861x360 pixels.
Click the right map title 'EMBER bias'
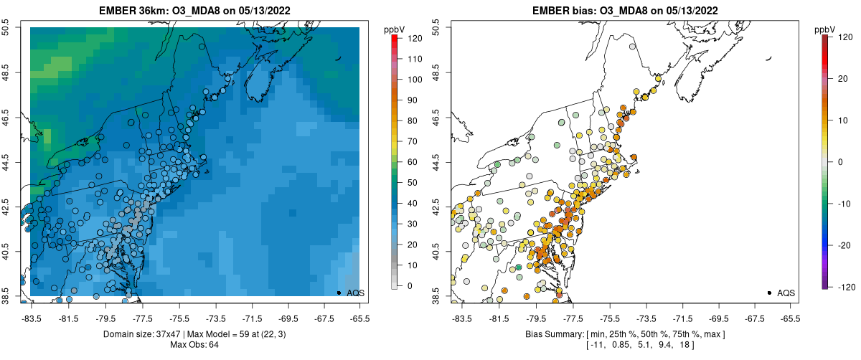[566, 9]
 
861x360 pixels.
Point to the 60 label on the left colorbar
[415, 162]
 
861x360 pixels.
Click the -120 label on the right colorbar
[845, 286]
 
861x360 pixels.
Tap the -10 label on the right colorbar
[844, 203]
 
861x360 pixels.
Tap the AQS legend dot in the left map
[339, 293]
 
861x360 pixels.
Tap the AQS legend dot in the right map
[769, 293]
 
